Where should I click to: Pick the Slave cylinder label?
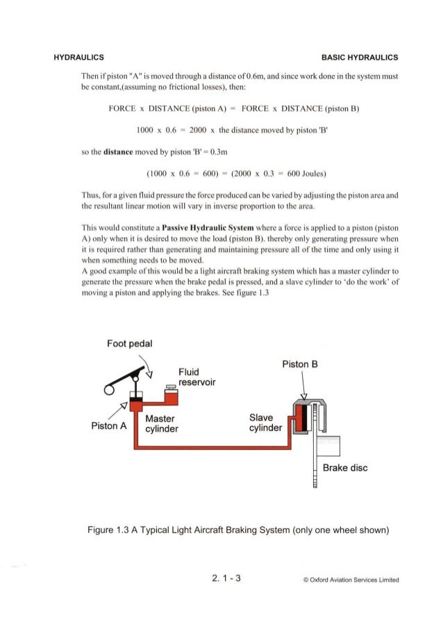click(x=265, y=423)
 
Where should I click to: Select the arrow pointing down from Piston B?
click(x=303, y=387)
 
